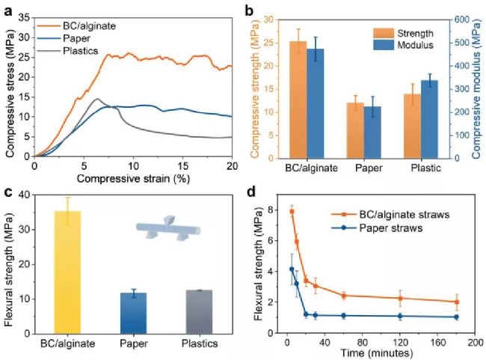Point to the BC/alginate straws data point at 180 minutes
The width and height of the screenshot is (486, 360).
456,302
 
